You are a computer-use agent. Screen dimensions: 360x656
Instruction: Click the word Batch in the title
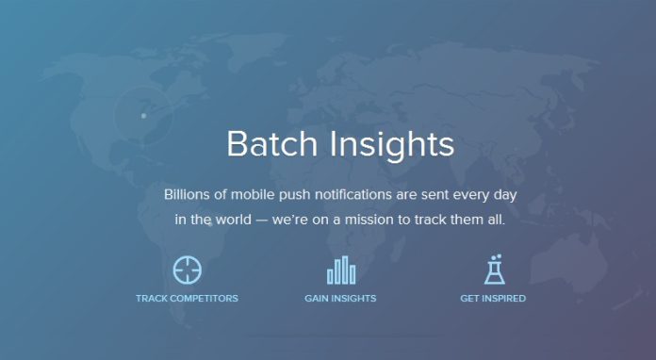point(271,145)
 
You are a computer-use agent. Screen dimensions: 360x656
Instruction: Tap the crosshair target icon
point(188,270)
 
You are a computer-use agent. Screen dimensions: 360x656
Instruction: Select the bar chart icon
point(340,270)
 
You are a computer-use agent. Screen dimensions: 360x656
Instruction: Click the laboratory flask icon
point(494,270)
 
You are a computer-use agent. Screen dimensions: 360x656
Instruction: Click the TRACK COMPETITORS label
point(187,299)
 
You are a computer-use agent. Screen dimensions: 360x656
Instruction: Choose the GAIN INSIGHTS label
point(340,299)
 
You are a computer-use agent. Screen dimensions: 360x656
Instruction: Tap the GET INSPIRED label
point(493,299)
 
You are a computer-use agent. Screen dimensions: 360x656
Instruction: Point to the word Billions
point(189,194)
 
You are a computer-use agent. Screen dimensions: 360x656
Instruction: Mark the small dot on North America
point(143,116)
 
